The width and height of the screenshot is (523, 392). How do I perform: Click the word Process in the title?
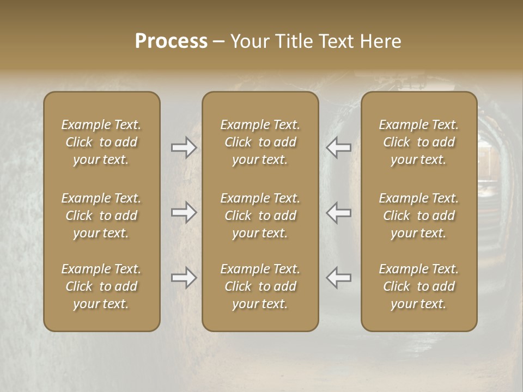pyautogui.click(x=171, y=41)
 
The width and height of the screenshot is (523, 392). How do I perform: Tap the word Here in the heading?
pyautogui.click(x=381, y=41)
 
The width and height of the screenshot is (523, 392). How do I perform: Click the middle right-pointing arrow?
pyautogui.click(x=184, y=212)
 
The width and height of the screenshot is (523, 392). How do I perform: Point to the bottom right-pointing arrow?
pyautogui.click(x=184, y=278)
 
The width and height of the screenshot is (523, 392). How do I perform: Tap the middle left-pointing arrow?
pyautogui.click(x=339, y=212)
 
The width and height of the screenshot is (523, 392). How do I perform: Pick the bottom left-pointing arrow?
pyautogui.click(x=339, y=278)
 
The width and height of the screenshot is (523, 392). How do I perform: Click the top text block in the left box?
pyautogui.click(x=101, y=142)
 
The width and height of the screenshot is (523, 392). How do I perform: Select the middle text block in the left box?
pyautogui.click(x=101, y=216)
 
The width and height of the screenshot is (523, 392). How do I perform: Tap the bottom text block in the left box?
pyautogui.click(x=101, y=286)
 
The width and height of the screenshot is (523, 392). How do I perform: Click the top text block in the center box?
pyautogui.click(x=260, y=142)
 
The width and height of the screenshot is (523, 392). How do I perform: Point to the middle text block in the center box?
pyautogui.click(x=260, y=216)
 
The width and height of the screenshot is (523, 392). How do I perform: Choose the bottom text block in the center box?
pyautogui.click(x=260, y=286)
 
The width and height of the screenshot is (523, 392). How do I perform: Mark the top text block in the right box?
pyautogui.click(x=418, y=142)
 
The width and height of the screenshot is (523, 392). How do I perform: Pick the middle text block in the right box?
pyautogui.click(x=418, y=216)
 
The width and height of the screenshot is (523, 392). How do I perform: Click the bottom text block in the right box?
pyautogui.click(x=418, y=286)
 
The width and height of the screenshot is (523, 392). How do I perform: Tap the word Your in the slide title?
pyautogui.click(x=250, y=41)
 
